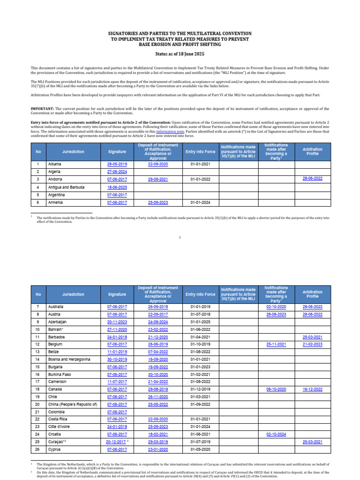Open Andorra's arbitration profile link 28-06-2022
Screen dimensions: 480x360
(x=313, y=180)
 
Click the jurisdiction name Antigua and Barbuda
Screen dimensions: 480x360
(x=66, y=187)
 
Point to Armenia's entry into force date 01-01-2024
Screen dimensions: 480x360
(x=200, y=202)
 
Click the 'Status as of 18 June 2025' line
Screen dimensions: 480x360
(x=180, y=54)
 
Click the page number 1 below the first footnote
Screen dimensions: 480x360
(x=180, y=238)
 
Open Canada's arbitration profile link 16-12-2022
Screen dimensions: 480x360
(x=313, y=389)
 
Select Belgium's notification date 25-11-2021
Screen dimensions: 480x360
(x=276, y=344)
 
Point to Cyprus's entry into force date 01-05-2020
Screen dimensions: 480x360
(x=200, y=449)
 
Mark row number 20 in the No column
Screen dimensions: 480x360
(x=37, y=404)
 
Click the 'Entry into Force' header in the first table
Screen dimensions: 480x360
(x=200, y=152)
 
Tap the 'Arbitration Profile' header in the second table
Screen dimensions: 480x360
(x=313, y=294)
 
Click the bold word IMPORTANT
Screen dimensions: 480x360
(x=43, y=109)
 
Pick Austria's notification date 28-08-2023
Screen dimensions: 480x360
(x=276, y=314)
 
